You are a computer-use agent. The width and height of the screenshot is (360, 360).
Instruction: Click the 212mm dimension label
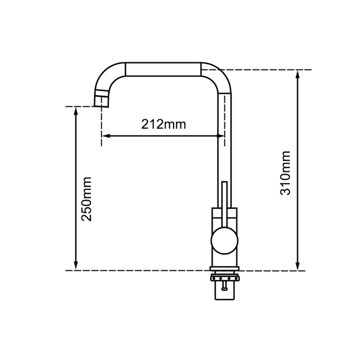point(162,124)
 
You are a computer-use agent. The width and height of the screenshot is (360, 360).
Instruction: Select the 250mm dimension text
point(86,198)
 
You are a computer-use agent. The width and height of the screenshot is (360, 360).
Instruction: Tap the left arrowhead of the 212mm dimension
point(106,135)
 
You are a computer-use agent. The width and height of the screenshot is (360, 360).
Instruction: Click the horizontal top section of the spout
point(162,70)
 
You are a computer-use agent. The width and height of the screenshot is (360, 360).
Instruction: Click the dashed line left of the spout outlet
point(81,106)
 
